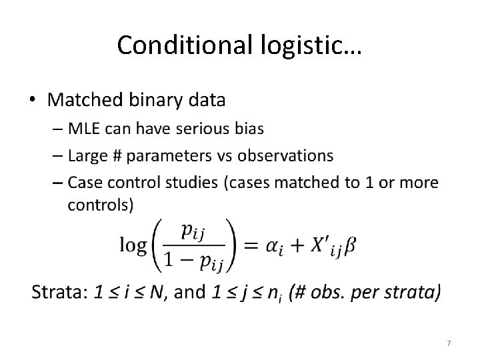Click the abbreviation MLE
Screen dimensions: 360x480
pyautogui.click(x=84, y=129)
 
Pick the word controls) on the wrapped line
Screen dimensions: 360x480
pyautogui.click(x=101, y=205)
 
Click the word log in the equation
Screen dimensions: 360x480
pyautogui.click(x=133, y=246)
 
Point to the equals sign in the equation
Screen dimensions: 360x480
pyautogui.click(x=251, y=245)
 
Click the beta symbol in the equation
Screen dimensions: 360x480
pyautogui.click(x=351, y=246)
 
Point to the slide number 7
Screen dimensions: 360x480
pyautogui.click(x=449, y=343)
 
